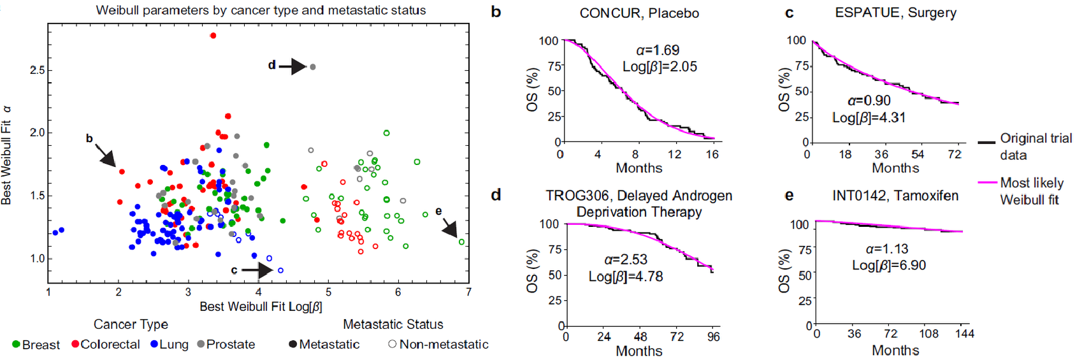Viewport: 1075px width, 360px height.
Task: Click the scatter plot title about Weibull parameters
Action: pos(261,10)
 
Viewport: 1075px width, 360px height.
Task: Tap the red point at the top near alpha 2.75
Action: pos(213,36)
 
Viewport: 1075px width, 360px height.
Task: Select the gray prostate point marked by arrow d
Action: pos(312,66)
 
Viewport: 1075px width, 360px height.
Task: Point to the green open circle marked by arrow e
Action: pos(462,242)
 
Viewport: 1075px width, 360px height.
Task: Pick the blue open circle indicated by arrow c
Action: pos(280,270)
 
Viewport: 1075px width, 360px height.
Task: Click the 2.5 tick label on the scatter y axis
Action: pos(37,70)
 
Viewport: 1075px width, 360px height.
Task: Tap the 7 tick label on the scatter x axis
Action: pos(468,292)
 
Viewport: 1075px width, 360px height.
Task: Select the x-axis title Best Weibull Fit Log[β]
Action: pos(261,306)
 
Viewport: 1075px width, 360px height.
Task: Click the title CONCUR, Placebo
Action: pos(639,13)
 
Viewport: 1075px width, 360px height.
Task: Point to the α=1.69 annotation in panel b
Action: pos(658,50)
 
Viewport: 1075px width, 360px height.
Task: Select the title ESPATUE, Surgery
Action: pos(895,13)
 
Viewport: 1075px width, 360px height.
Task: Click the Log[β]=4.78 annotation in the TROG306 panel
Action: pos(625,277)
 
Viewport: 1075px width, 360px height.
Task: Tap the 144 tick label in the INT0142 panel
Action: pos(964,334)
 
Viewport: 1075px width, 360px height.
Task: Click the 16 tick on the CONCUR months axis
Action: pos(712,154)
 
